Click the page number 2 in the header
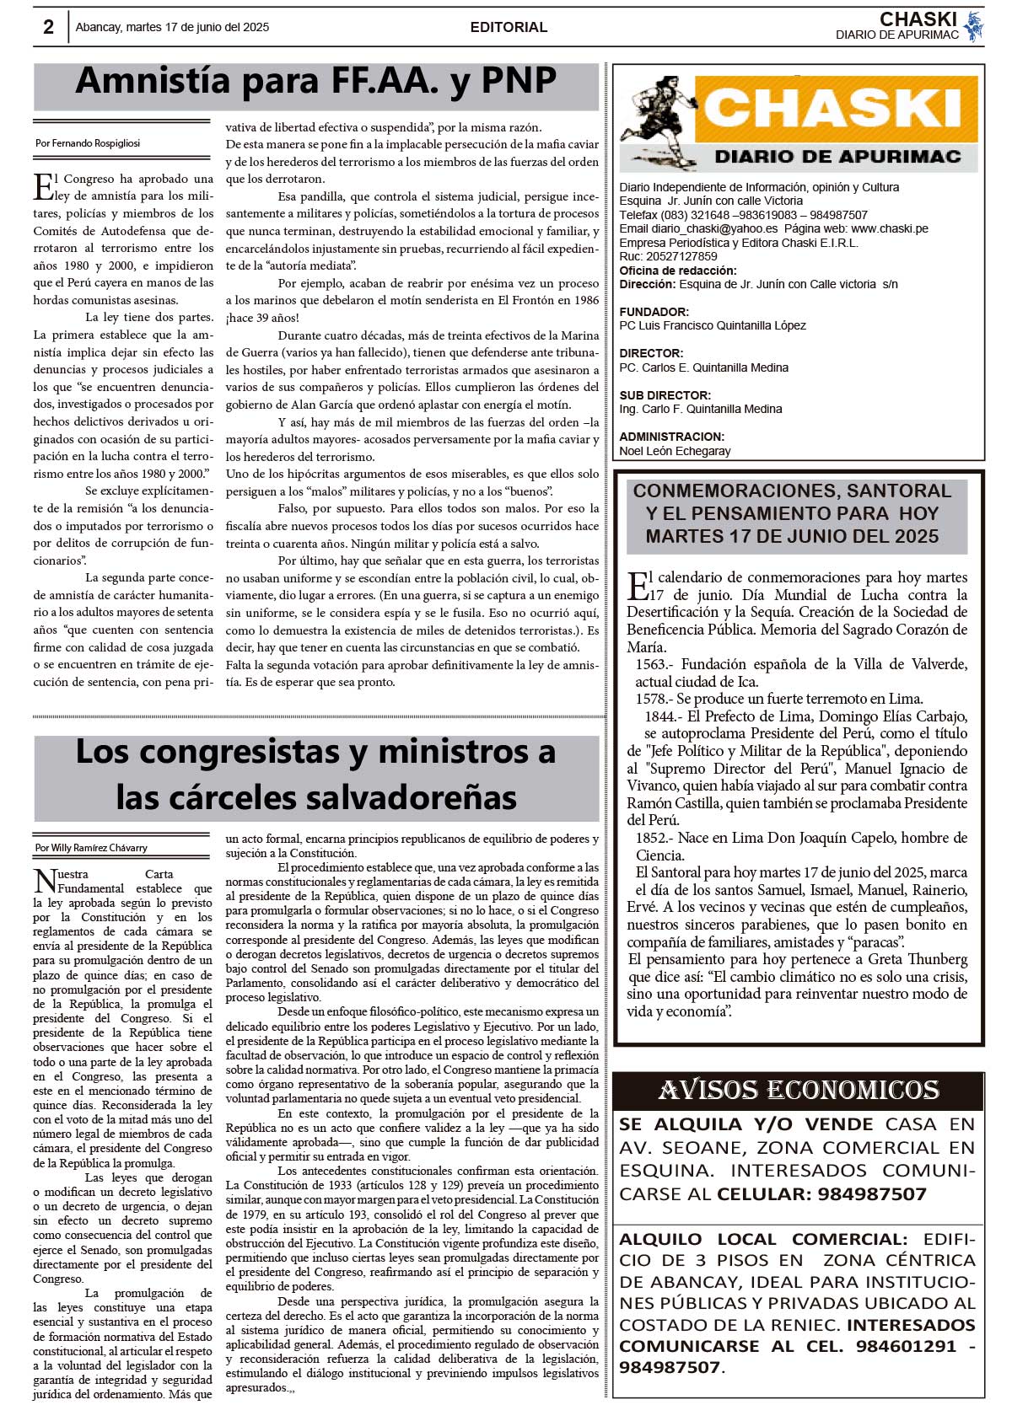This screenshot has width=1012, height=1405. (x=49, y=27)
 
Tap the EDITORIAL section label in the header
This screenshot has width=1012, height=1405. (x=509, y=27)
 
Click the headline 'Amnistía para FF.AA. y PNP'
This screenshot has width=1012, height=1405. (x=316, y=82)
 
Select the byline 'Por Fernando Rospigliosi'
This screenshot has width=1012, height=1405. (x=88, y=143)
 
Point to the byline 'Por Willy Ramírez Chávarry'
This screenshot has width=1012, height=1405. (x=91, y=848)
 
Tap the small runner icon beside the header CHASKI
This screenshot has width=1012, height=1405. (x=973, y=27)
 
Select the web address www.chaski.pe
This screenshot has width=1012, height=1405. (x=890, y=228)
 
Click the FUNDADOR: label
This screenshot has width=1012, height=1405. (x=654, y=312)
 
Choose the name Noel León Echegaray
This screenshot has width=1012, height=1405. (x=675, y=451)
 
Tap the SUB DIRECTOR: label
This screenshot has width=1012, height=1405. (x=665, y=395)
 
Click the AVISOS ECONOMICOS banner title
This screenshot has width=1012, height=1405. (x=798, y=1091)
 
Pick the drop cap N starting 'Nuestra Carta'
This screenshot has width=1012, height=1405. (x=45, y=882)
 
